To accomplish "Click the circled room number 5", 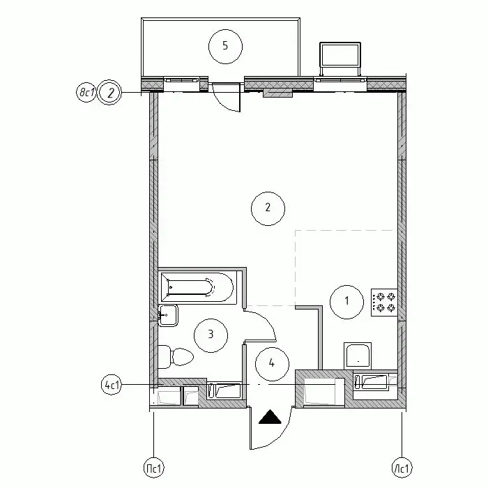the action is (225, 47).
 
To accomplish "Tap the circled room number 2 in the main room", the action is (268, 208).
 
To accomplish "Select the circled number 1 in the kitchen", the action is (346, 302).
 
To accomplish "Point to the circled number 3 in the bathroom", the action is (211, 335).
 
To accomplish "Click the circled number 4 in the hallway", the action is (272, 364).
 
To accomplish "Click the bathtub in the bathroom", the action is (197, 287).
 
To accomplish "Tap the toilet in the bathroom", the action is (175, 357).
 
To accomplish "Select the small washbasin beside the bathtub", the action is (168, 315).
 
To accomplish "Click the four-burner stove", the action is (384, 303).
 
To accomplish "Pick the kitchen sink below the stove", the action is (358, 356).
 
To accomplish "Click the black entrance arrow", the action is (270, 416).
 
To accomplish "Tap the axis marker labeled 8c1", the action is (86, 93).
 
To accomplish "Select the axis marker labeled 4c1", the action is (112, 385).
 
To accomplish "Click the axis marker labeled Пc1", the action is (154, 468).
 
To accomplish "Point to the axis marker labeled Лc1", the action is (402, 468).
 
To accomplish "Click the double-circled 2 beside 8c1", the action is (109, 93).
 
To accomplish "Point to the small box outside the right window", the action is (340, 59).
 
